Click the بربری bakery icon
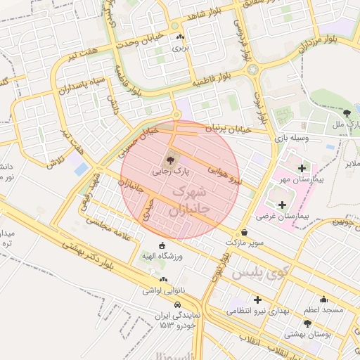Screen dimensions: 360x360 (181, 38)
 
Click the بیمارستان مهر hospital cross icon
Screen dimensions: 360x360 (302, 168)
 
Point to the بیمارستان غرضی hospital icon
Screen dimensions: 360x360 (283, 205)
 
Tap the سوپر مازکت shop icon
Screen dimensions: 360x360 (244, 232)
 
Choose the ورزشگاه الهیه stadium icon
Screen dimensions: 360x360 (162, 246)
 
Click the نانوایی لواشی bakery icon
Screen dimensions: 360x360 (162, 279)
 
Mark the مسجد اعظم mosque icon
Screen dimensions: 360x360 (323, 299)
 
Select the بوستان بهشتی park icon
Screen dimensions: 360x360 (307, 323)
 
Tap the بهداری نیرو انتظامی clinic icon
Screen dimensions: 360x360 (257, 300)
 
